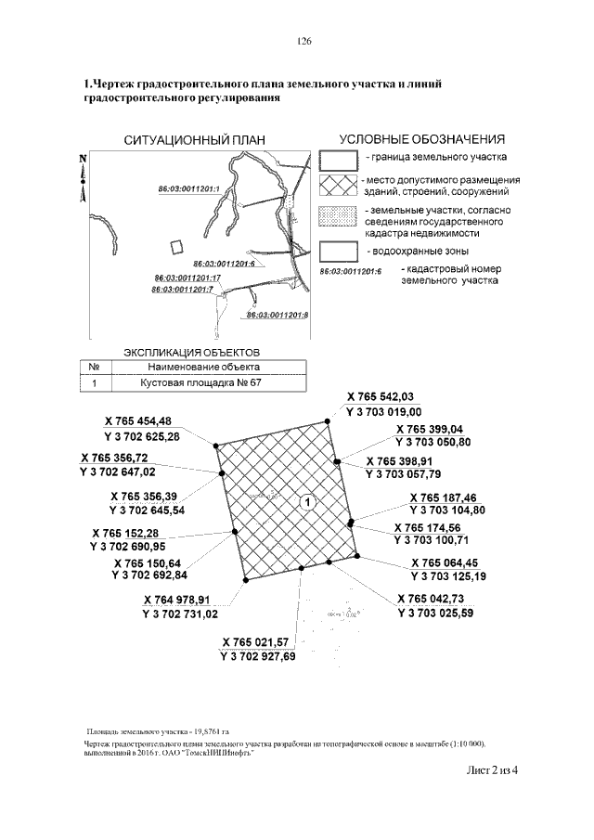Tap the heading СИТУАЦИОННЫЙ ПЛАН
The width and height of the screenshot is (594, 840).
pos(195,140)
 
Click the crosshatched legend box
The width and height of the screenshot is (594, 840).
pos(338,186)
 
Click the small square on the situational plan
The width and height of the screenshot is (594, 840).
pos(177,246)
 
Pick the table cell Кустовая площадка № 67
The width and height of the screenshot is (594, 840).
pos(195,381)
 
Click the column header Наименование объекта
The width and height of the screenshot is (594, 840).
pos(195,367)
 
